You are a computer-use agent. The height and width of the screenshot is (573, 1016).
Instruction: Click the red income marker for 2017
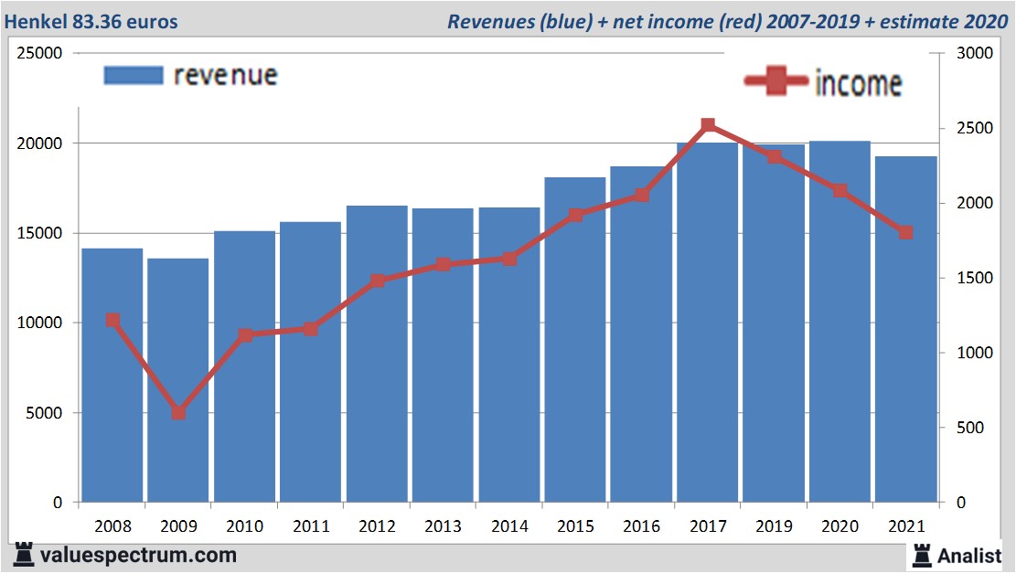[x=708, y=125]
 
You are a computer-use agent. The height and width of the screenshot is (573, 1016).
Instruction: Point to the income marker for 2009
[x=178, y=413]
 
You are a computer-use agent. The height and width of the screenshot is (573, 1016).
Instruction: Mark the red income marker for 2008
[x=112, y=320]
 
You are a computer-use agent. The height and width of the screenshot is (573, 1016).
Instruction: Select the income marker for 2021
[x=906, y=232]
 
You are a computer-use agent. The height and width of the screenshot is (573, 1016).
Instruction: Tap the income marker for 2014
[x=509, y=259]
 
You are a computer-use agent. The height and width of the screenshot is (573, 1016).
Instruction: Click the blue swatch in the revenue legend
[x=134, y=75]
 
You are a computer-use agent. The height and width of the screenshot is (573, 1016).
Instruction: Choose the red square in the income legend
[x=777, y=82]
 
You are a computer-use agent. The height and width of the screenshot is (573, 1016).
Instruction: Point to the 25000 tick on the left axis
[x=40, y=54]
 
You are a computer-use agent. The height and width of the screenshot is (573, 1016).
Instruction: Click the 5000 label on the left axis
[x=45, y=413]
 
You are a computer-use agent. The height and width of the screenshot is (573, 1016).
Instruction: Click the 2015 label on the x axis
[x=575, y=526]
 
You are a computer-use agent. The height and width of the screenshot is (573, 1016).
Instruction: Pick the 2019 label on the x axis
[x=774, y=526]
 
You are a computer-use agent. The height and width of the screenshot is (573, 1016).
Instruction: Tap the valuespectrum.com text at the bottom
[x=138, y=555]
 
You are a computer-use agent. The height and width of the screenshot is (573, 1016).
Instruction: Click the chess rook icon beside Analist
[x=920, y=554]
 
